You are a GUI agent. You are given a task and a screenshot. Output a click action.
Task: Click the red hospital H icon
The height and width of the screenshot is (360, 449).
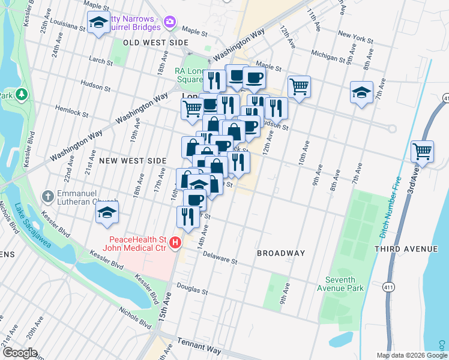(175, 242)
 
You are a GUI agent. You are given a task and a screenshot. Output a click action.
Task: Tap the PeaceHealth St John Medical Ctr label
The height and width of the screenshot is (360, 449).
(137, 242)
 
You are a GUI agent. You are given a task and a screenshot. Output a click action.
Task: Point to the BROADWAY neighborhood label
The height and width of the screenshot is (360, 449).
(281, 253)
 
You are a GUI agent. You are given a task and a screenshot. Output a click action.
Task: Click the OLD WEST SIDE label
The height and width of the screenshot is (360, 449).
(155, 43)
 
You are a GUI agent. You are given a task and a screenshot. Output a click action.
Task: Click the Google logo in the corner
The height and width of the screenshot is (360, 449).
(19, 353)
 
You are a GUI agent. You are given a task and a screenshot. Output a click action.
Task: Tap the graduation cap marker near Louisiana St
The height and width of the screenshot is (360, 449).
(98, 23)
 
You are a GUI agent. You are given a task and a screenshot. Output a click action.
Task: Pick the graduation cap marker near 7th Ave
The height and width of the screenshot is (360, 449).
(361, 92)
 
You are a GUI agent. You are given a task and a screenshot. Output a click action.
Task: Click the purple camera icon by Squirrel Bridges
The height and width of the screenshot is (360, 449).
(170, 22)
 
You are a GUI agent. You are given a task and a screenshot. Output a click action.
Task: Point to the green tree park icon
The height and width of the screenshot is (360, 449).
(22, 94)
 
